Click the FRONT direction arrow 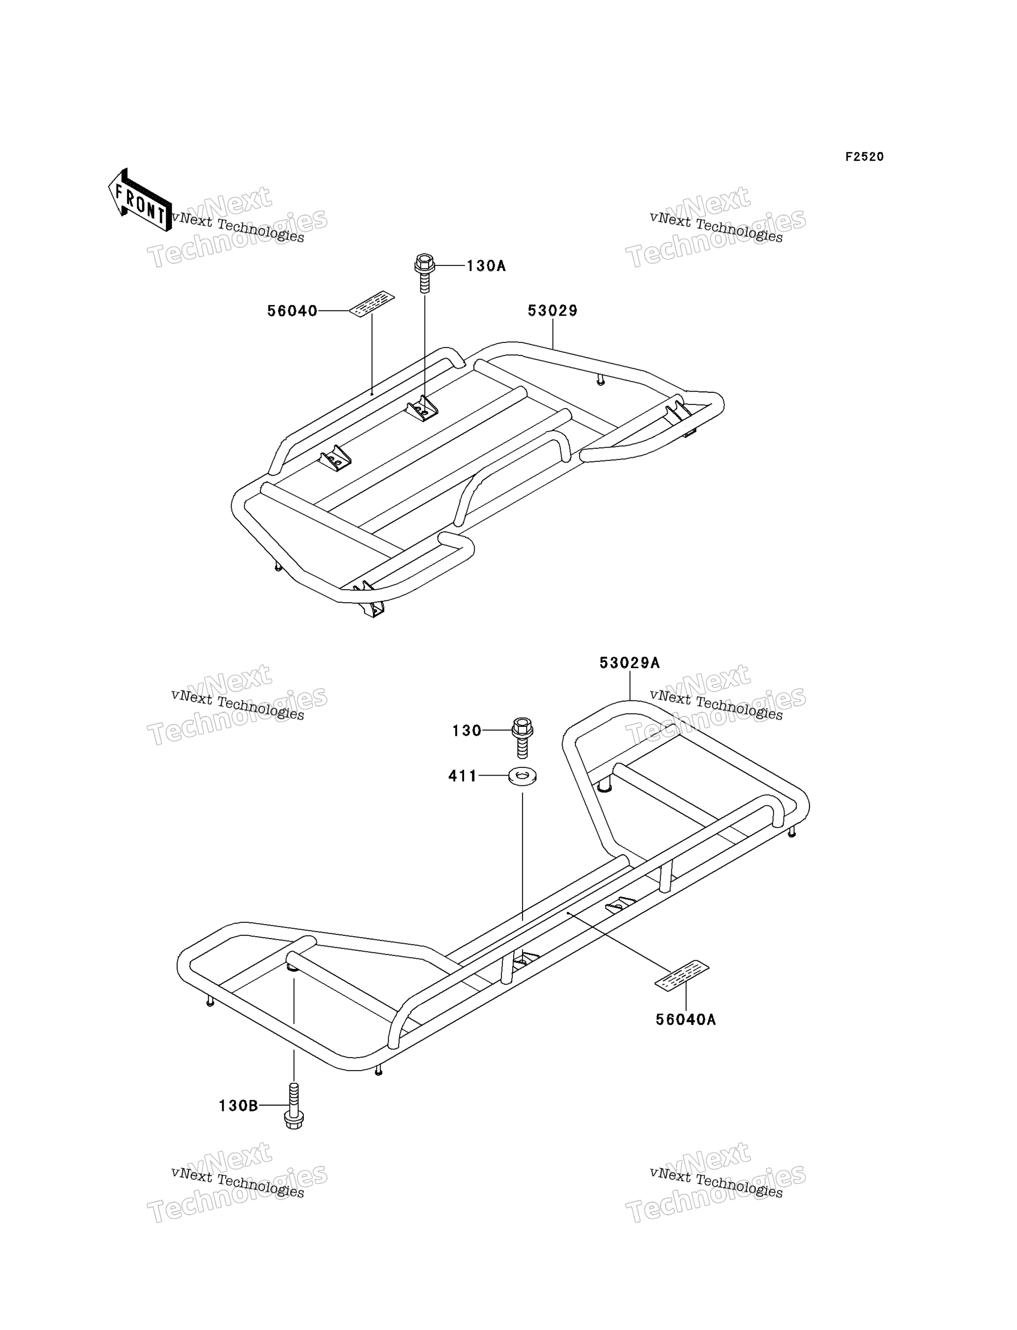click(139, 200)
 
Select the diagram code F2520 click(864, 157)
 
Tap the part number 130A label click(485, 266)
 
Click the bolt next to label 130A click(425, 273)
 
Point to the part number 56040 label click(292, 311)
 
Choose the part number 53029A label click(630, 663)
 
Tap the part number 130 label click(467, 731)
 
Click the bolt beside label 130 click(522, 737)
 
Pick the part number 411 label click(463, 776)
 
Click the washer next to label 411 click(522, 776)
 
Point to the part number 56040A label click(686, 1020)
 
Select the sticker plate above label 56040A click(682, 975)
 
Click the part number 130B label click(238, 1106)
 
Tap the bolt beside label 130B click(294, 1105)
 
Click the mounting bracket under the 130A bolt click(422, 410)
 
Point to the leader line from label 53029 click(553, 334)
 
